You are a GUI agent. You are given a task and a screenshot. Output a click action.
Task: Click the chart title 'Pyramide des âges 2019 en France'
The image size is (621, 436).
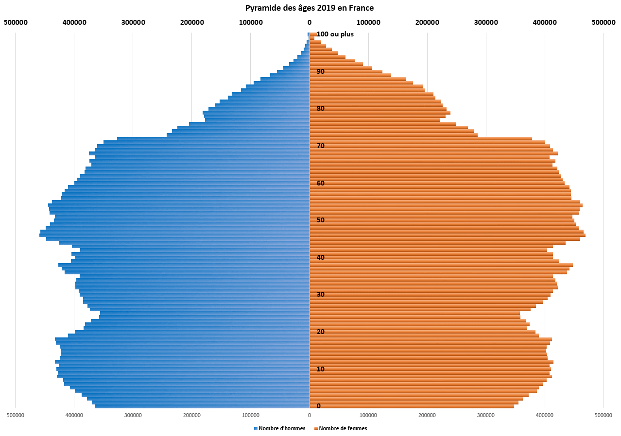(310, 8)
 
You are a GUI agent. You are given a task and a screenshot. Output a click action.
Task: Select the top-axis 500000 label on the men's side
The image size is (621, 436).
(15, 22)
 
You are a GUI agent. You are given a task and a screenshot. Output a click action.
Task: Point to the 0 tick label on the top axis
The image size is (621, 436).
(310, 22)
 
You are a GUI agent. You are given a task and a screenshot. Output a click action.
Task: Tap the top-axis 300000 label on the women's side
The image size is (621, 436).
(486, 22)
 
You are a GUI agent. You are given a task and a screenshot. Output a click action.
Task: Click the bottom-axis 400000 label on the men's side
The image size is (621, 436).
(74, 416)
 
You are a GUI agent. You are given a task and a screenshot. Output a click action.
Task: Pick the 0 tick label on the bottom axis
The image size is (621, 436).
(310, 416)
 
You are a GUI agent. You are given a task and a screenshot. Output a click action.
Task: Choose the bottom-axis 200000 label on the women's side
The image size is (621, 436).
(427, 416)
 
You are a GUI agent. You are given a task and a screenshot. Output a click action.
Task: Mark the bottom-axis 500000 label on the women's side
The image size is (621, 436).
(604, 416)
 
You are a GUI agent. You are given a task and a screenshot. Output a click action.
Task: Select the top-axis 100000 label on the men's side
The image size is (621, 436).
(251, 22)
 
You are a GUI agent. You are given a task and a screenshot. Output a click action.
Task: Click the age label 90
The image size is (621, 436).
(321, 71)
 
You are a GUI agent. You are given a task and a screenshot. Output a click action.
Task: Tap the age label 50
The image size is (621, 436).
(321, 220)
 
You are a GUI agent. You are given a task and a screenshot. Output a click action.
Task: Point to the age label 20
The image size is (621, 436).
(321, 332)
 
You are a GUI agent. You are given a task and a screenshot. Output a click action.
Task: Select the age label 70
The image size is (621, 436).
(321, 146)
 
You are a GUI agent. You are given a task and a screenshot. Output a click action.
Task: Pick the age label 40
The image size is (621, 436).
(321, 257)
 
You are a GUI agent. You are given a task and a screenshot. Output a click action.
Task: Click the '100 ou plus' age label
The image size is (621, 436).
(335, 34)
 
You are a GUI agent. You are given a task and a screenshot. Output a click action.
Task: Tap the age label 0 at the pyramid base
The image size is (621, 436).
(319, 406)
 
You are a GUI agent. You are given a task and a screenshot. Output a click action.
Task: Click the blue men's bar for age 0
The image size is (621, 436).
(204, 406)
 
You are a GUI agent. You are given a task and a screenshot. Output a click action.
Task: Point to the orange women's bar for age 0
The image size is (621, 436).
(413, 406)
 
